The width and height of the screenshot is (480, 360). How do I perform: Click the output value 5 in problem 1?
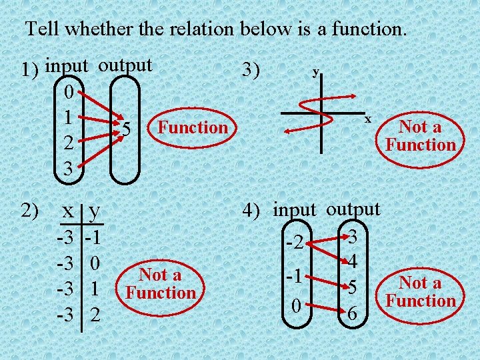click(126, 129)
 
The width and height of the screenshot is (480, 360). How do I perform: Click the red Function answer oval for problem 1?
click(192, 127)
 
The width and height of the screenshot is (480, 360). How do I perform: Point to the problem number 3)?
click(252, 70)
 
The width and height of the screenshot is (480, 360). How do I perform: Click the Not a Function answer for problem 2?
click(161, 283)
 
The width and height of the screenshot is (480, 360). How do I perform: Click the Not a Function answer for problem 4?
click(421, 291)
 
